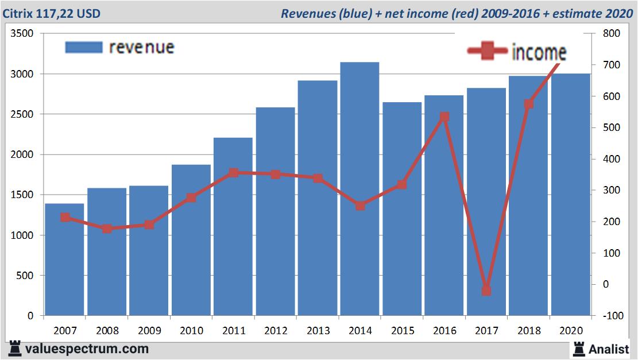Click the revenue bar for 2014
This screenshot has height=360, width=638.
[359, 189]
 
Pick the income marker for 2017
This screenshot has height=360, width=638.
[486, 291]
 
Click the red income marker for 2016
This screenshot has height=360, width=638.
[444, 117]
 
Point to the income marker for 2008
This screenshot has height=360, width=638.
[107, 229]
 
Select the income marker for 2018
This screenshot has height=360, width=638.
[529, 104]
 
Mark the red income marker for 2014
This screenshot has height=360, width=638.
[360, 206]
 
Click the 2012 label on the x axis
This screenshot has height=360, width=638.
[276, 331]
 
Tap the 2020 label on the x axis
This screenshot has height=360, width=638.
[571, 331]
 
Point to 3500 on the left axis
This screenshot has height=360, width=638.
[22, 34]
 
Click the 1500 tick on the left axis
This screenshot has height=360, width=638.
[22, 195]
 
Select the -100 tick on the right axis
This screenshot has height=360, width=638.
[609, 316]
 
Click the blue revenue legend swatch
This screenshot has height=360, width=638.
[83, 47]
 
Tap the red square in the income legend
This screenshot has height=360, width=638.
[488, 52]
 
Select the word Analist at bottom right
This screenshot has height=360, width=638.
[609, 349]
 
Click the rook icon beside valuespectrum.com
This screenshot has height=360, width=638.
[15, 349]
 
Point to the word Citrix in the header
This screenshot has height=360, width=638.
[19, 13]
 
